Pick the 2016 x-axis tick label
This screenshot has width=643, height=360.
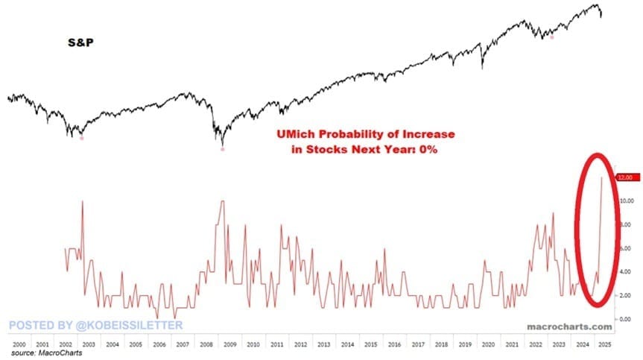point(393,345)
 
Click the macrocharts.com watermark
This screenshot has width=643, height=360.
point(569,326)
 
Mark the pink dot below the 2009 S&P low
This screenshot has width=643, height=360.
point(222,149)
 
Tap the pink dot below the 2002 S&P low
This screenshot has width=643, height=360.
point(82,138)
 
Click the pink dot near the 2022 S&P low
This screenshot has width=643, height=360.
point(552,37)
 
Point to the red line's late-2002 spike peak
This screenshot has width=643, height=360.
point(82,202)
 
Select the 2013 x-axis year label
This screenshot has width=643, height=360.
point(323,345)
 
